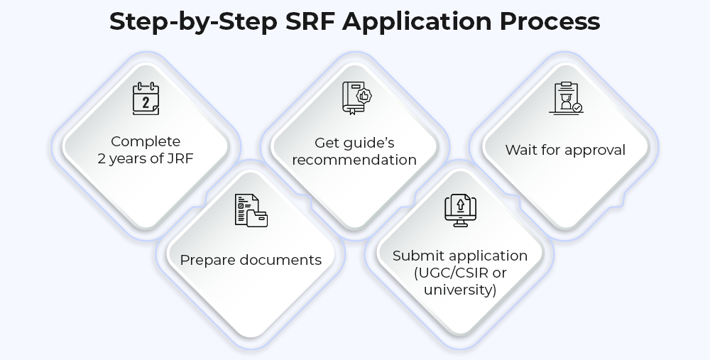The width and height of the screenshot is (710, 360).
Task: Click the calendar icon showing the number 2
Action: [x=146, y=99]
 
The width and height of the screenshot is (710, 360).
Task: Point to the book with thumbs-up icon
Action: [x=357, y=98]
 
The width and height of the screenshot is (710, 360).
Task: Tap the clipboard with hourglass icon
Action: [x=566, y=98]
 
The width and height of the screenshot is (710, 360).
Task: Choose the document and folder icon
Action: [x=251, y=210]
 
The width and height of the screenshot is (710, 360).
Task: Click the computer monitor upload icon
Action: [x=461, y=211]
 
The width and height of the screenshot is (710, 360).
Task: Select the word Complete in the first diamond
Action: [x=146, y=142]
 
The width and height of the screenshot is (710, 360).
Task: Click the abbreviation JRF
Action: [x=180, y=158]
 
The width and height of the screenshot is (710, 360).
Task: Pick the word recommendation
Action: [x=354, y=160]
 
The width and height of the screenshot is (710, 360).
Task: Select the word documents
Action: [x=280, y=260]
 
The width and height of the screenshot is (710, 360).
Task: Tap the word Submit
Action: [x=415, y=256]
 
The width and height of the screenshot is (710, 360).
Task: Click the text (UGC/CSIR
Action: [x=451, y=273]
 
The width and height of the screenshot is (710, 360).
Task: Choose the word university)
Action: [x=460, y=290]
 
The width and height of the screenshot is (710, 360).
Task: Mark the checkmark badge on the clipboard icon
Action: [x=577, y=108]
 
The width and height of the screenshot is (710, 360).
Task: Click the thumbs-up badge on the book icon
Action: [x=364, y=96]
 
